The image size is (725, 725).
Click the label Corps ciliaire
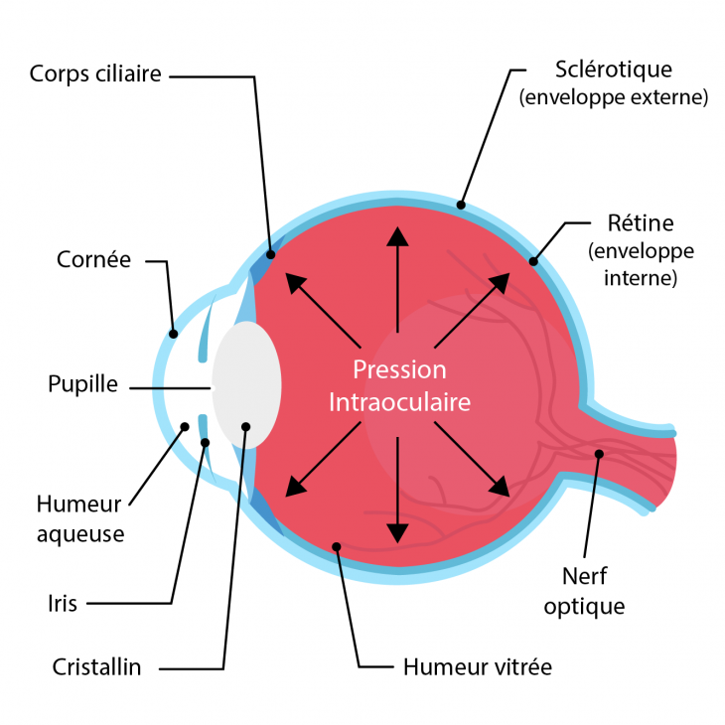(95, 73)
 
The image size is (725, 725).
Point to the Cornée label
(93, 260)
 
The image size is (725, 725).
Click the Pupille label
(82, 384)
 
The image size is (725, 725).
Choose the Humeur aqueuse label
(80, 517)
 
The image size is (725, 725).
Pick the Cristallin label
(96, 666)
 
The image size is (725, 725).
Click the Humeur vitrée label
(477, 666)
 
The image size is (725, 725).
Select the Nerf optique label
(584, 590)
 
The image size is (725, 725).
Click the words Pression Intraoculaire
(399, 386)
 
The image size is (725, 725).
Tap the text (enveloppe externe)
(613, 98)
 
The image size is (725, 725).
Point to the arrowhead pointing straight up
(397, 235)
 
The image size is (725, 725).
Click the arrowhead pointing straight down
(397, 532)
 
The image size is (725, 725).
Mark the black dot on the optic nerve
(599, 455)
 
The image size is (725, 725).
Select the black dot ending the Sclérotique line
(461, 206)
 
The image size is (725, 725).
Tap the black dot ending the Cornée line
(172, 334)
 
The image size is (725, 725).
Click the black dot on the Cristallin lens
(245, 426)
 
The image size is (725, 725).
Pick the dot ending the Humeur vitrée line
(338, 545)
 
